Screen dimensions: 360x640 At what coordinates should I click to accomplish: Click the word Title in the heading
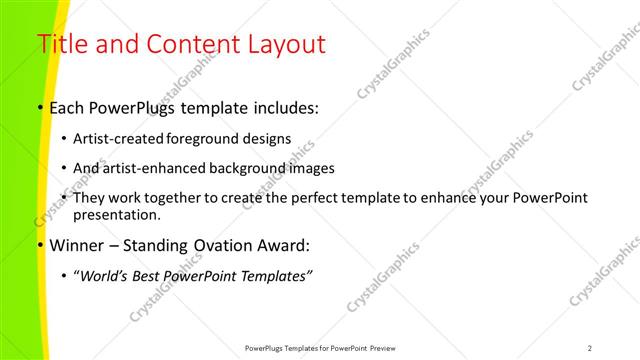59,44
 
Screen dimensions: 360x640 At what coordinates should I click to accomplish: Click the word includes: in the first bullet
283,107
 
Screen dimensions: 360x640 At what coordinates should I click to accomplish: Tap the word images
307,168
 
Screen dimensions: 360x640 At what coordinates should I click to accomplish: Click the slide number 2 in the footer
590,348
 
